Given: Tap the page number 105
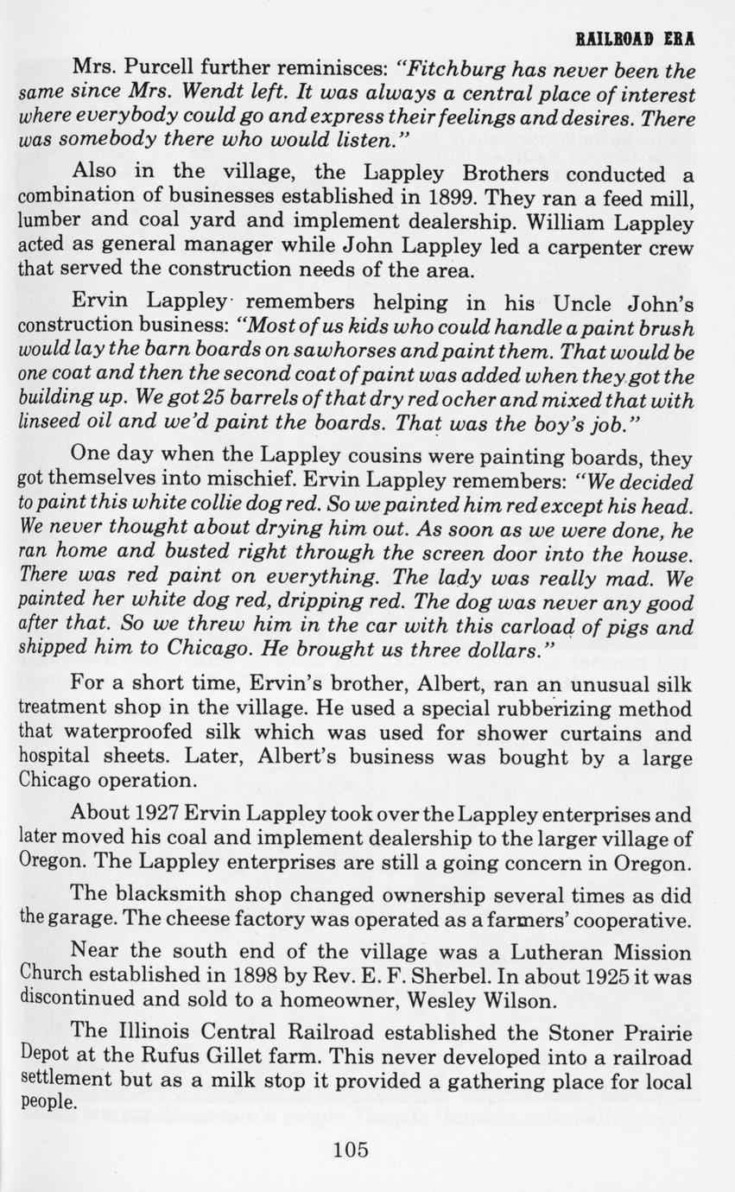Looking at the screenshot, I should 350,1150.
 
